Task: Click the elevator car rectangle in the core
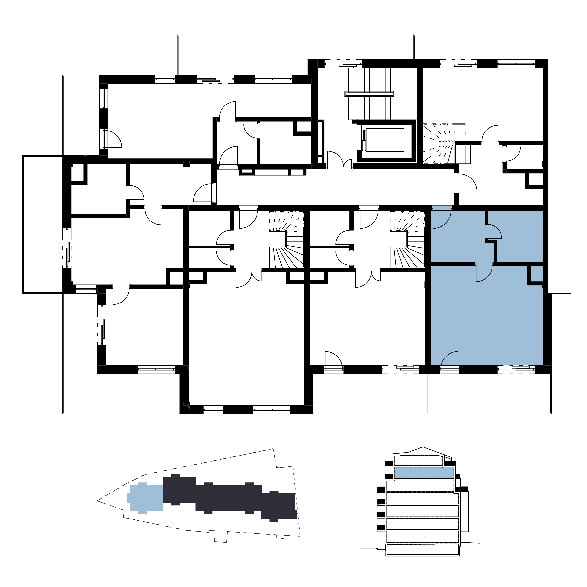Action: pyautogui.click(x=385, y=140)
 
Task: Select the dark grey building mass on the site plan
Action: pyautogui.click(x=228, y=498)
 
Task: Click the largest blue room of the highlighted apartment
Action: pyautogui.click(x=486, y=322)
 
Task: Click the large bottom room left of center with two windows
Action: pyautogui.click(x=246, y=343)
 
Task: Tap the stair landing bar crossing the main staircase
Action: pyautogui.click(x=369, y=94)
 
